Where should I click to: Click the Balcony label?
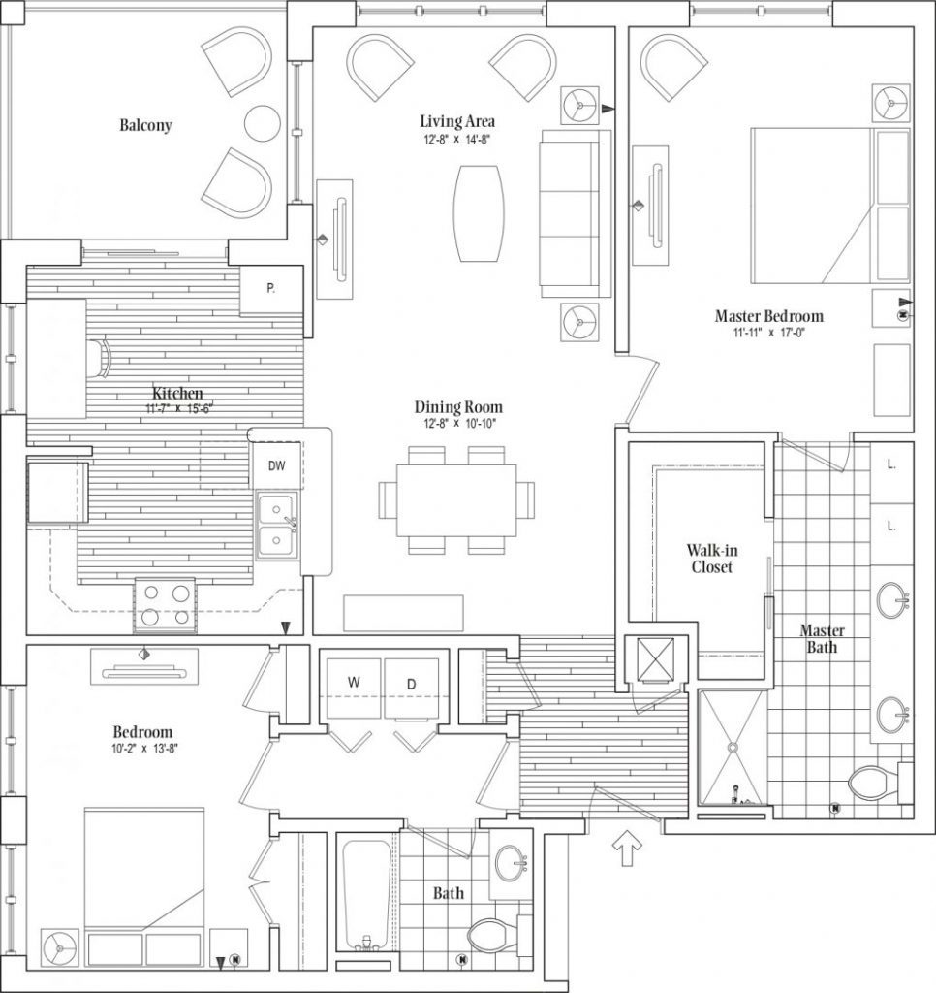click(x=145, y=125)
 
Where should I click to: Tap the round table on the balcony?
click(x=262, y=123)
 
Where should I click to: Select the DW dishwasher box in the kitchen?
click(x=276, y=465)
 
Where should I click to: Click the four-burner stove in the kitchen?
click(x=165, y=605)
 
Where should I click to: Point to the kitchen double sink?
click(x=277, y=526)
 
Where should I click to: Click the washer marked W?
click(x=354, y=689)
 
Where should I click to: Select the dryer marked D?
click(x=412, y=689)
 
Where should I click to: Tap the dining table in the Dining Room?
click(x=456, y=500)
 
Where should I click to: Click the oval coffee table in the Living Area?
click(x=479, y=213)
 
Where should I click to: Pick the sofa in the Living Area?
click(x=575, y=213)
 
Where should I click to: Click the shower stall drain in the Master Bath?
click(x=733, y=748)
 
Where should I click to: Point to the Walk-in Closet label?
click(x=712, y=559)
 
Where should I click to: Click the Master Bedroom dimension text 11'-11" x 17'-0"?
click(x=769, y=333)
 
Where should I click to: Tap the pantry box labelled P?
click(x=271, y=289)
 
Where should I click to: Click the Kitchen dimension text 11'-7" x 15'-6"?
click(x=179, y=408)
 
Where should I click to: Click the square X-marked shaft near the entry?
click(x=655, y=659)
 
